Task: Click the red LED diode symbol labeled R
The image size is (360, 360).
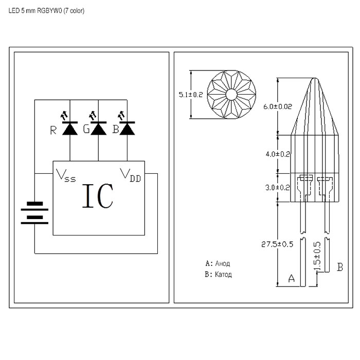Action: [x=70, y=129]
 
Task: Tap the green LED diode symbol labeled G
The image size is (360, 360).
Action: [x=99, y=129]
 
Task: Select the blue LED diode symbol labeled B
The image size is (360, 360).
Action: [x=127, y=129]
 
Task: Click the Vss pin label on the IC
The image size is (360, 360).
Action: [x=66, y=176]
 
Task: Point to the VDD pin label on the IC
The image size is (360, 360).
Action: [x=131, y=175]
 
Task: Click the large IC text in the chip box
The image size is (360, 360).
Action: [x=98, y=196]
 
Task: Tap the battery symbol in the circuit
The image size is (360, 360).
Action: [x=34, y=212]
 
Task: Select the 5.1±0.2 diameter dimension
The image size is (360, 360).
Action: [x=191, y=95]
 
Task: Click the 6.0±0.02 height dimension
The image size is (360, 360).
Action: [x=278, y=106]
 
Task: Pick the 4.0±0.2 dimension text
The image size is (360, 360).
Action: [x=278, y=154]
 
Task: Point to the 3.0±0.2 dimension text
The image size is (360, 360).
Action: [x=278, y=188]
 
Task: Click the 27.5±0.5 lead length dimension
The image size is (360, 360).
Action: [x=277, y=244]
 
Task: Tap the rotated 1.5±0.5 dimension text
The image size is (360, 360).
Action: [x=317, y=256]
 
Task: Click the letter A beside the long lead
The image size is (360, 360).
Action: [x=292, y=278]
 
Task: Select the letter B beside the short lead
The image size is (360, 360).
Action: [x=340, y=267]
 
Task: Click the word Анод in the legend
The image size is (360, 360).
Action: [x=223, y=263]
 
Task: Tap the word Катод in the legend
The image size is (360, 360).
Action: [x=223, y=274]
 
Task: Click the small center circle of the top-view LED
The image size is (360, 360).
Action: [x=231, y=95]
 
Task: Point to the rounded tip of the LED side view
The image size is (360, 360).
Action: [x=315, y=79]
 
